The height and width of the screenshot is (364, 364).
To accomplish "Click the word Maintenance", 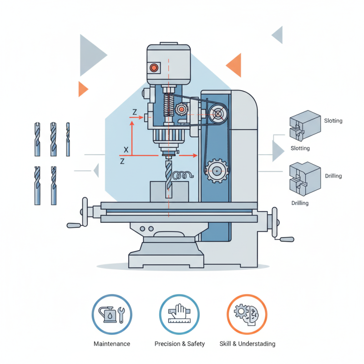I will click(x=111, y=344).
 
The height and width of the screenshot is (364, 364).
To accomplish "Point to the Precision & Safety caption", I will click(x=180, y=344).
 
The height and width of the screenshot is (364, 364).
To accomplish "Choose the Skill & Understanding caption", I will click(x=248, y=344).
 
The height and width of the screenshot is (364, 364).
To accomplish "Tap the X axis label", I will click(x=126, y=149).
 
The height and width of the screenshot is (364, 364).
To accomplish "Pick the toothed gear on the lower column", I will click(x=217, y=171).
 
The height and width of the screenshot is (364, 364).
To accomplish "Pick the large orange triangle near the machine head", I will click(x=234, y=65).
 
